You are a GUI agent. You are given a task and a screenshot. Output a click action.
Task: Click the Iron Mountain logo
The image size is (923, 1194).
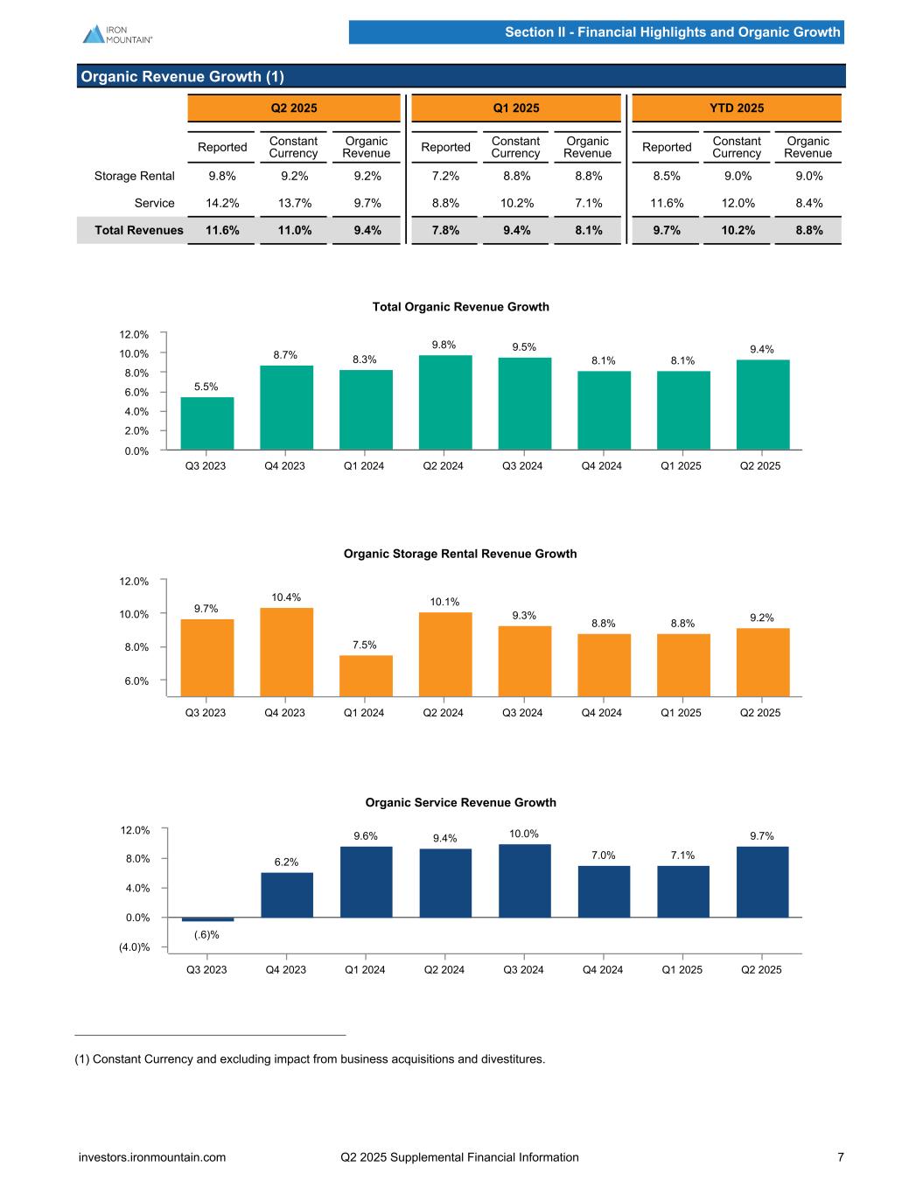pos(117,33)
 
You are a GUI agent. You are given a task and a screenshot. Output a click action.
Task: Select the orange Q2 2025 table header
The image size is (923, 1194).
pos(294,108)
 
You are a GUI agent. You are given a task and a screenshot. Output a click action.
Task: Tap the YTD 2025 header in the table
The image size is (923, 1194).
pos(736,108)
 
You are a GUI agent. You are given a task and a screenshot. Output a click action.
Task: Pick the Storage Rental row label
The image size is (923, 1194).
pos(135,176)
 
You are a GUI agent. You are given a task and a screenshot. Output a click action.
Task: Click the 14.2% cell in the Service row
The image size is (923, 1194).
pos(222,203)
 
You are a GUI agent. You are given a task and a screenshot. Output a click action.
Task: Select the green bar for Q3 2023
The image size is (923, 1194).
pos(206,423)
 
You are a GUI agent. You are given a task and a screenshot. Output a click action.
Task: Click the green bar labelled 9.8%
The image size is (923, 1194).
pos(444,402)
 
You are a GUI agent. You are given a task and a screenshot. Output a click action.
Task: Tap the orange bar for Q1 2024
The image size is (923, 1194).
pos(366,675)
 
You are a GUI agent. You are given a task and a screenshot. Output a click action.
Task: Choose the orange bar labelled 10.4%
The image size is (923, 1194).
pos(286,652)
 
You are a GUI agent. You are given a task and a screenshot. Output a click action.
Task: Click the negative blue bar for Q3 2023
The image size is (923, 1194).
pos(207,919)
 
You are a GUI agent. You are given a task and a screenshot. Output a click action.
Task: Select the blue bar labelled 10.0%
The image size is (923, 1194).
pos(524,880)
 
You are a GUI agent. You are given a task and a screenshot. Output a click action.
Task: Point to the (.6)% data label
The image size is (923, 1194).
pos(206,935)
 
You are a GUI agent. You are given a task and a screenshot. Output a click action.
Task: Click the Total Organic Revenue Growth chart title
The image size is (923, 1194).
pos(460,306)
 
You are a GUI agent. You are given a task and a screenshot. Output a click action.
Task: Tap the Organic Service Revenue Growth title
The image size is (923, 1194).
pos(460,802)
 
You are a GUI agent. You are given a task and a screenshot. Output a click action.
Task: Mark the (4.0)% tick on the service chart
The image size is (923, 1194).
pos(134,947)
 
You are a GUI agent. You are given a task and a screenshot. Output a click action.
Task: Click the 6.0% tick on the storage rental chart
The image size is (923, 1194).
pos(135,681)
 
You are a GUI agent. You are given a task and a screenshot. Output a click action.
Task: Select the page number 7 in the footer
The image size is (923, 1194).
pos(840,1157)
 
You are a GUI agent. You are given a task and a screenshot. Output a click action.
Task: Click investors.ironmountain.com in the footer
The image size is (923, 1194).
pos(152,1157)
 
